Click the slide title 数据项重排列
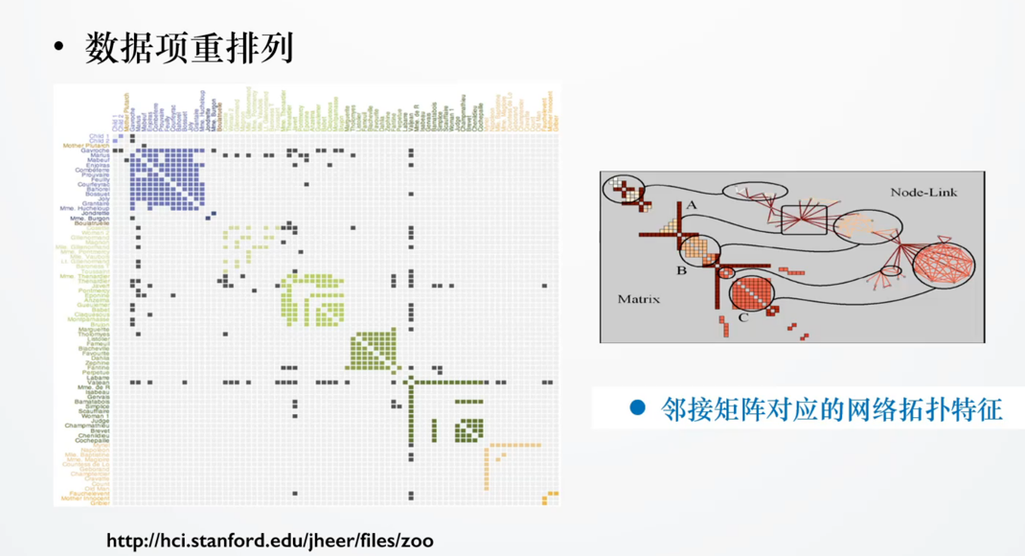(189, 47)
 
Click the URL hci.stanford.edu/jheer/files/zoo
(269, 541)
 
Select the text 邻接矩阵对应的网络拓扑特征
(831, 409)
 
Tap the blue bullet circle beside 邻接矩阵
(637, 409)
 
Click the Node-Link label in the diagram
(923, 192)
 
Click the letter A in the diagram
(691, 204)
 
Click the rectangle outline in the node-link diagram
(803, 220)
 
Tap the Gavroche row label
(94, 151)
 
